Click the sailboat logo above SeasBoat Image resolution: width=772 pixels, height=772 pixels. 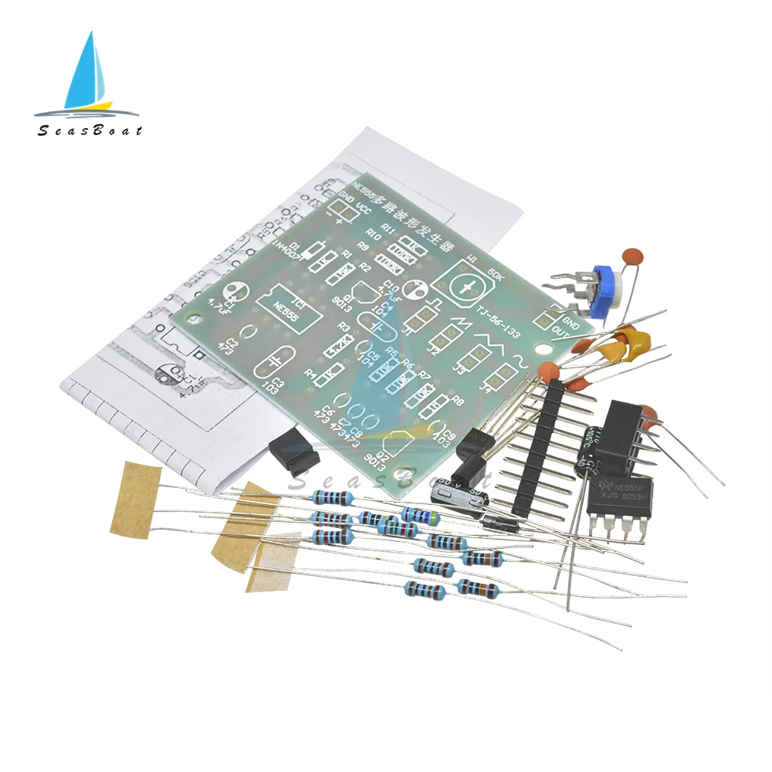[x=89, y=73]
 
